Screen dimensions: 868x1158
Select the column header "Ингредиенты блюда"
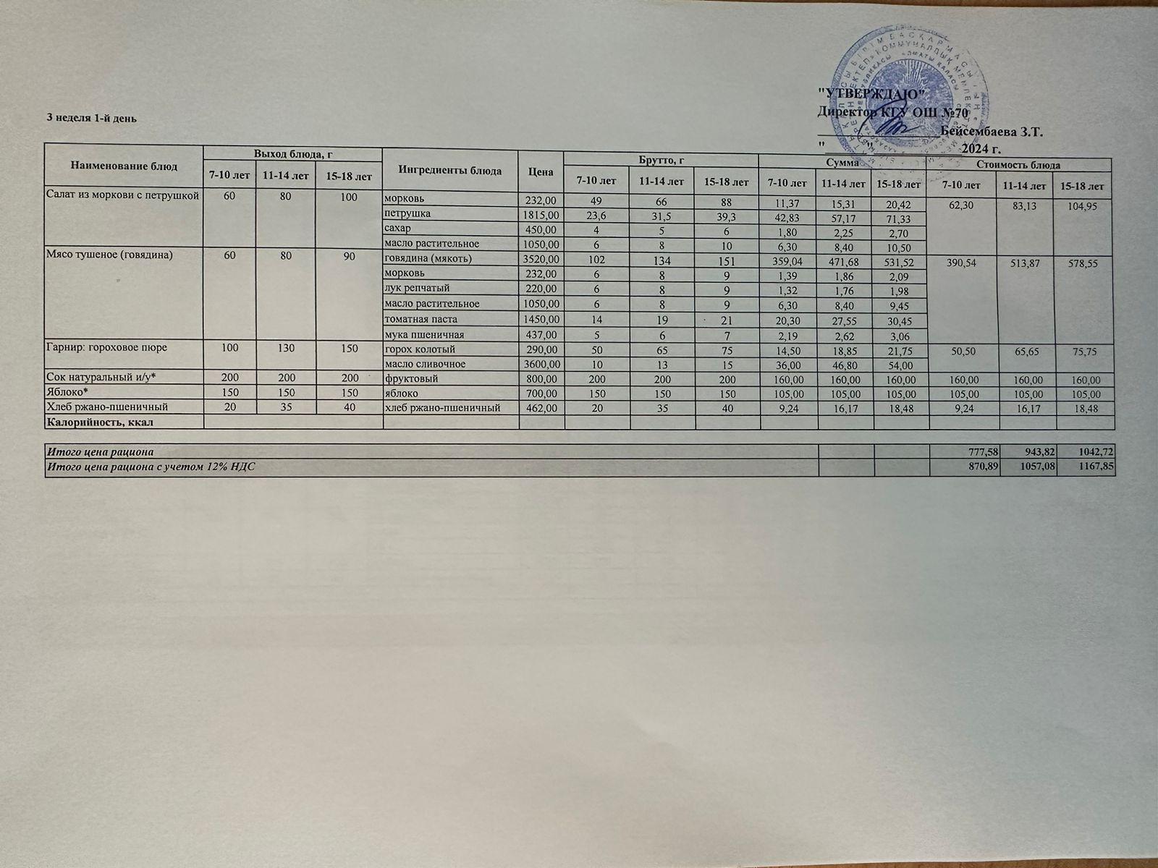coord(449,171)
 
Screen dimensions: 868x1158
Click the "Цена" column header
coord(540,171)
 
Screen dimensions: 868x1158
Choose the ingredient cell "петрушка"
coord(407,214)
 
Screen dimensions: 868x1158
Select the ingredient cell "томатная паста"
coord(420,319)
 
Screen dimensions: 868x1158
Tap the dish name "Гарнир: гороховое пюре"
coord(106,347)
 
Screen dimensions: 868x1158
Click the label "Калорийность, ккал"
coord(102,421)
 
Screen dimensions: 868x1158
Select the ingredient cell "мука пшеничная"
coord(423,335)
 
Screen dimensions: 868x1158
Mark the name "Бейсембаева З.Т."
coord(992,133)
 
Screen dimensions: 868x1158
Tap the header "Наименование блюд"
coord(124,166)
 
